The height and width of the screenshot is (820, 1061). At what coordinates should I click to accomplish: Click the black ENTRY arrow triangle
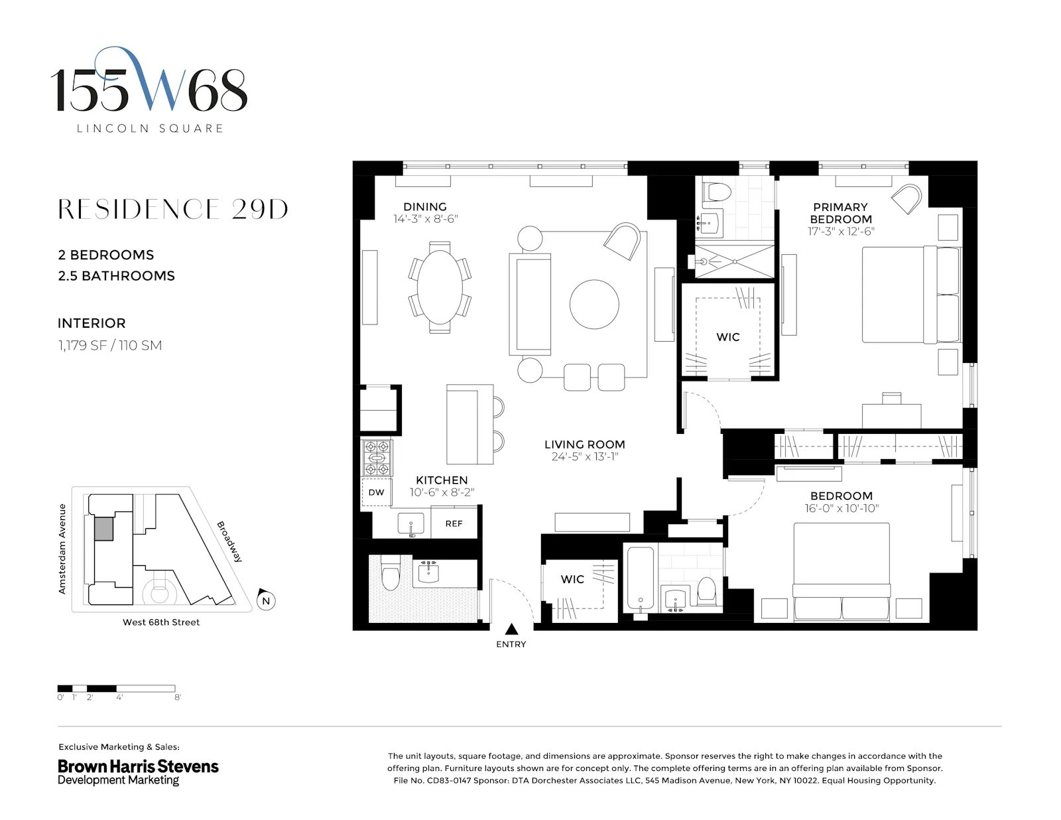[511, 629]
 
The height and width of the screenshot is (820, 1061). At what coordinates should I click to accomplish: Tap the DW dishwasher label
[376, 492]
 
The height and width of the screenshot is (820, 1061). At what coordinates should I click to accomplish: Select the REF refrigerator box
[454, 523]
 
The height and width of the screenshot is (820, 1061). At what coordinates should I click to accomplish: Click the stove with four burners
[377, 458]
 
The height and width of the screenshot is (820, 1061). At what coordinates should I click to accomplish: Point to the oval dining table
[440, 286]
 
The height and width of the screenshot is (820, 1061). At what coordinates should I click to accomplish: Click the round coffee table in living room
[594, 305]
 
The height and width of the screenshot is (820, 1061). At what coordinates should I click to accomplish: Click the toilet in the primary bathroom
[717, 192]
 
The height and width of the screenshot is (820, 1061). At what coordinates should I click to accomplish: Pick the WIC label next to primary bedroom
[727, 337]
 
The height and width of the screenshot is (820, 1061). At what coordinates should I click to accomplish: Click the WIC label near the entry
[572, 579]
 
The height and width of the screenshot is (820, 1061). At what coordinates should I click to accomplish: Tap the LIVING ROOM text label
[584, 444]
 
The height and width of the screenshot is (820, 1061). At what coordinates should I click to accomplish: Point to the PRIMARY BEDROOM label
[840, 213]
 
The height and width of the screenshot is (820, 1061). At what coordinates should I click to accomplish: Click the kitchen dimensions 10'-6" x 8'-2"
[442, 492]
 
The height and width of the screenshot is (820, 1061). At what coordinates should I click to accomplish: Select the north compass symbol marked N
[265, 600]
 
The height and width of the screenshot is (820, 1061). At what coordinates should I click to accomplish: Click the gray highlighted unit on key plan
[103, 529]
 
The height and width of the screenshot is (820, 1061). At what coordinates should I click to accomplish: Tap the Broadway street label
[229, 542]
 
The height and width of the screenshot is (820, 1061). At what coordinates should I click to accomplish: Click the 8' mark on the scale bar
[177, 697]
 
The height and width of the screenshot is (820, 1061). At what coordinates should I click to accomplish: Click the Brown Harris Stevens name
[138, 766]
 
